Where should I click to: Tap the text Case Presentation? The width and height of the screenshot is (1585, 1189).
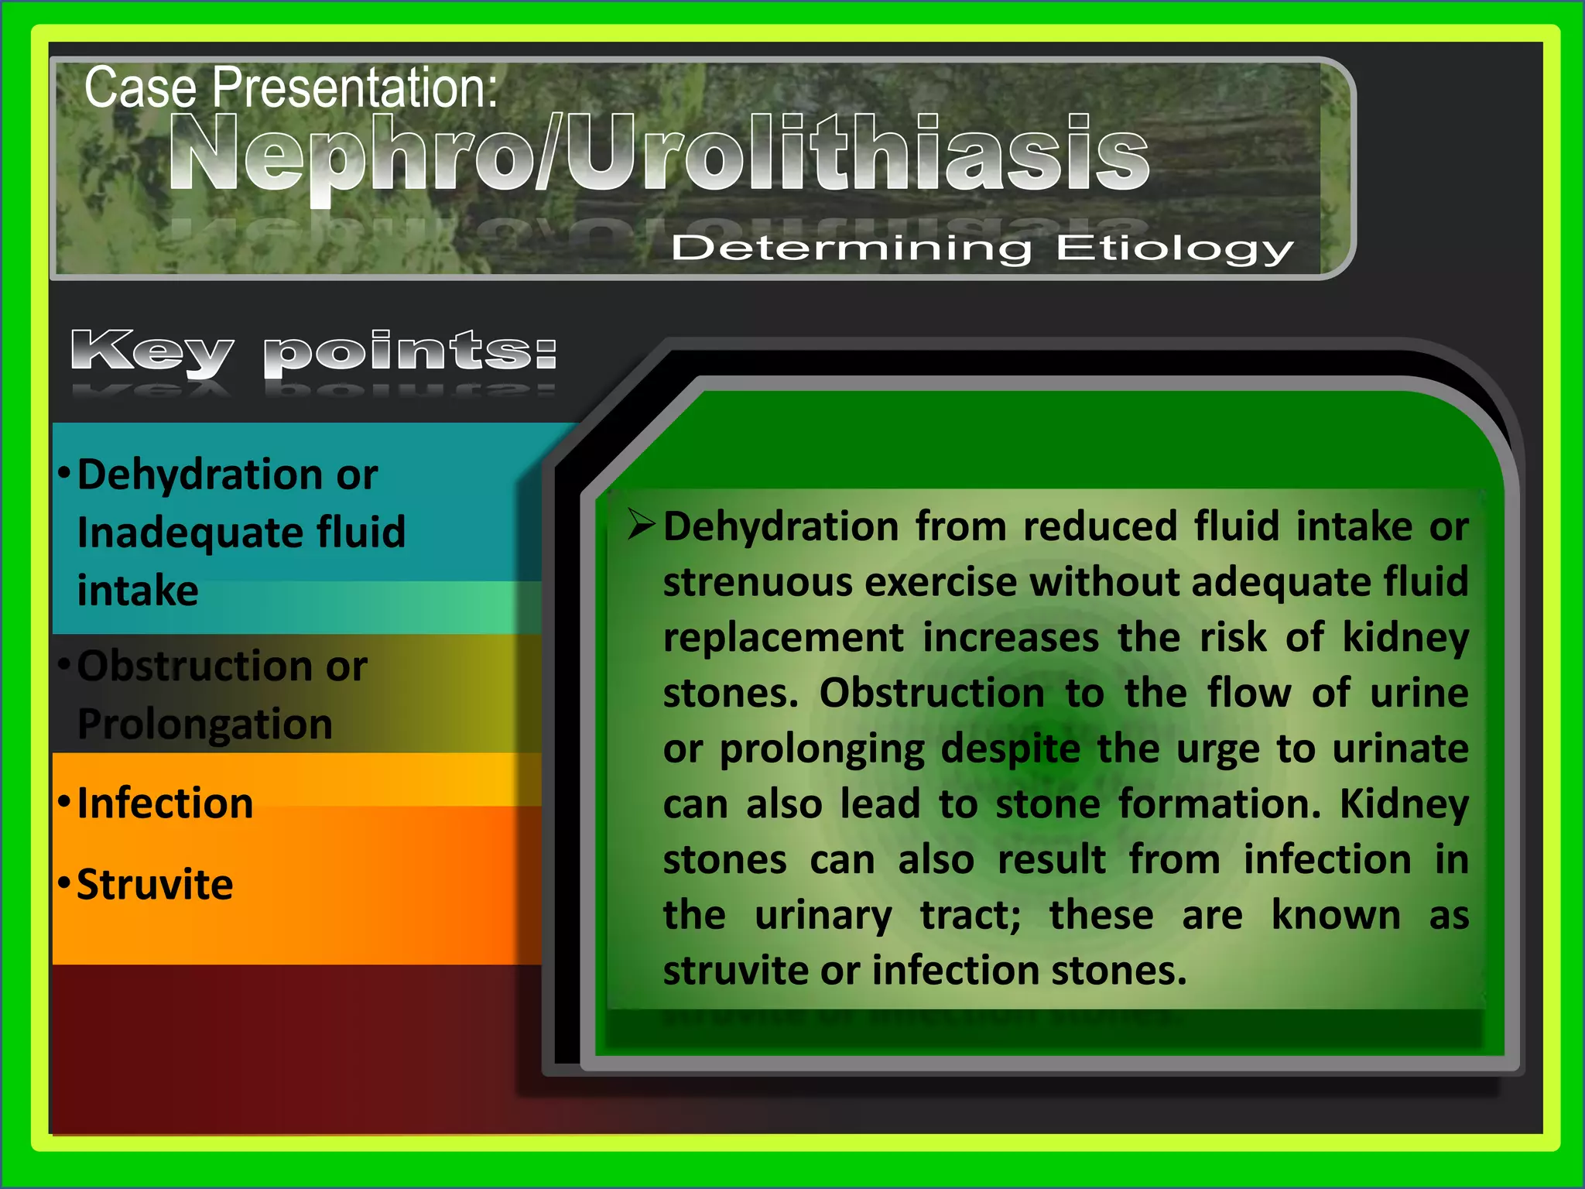tap(290, 87)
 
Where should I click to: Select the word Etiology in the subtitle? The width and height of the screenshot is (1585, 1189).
tap(1174, 249)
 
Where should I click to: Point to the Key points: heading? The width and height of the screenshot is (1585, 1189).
tap(313, 353)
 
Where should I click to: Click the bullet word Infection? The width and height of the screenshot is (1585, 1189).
tap(165, 804)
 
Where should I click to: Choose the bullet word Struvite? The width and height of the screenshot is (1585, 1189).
tap(155, 885)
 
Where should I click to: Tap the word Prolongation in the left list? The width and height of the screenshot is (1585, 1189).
tap(205, 725)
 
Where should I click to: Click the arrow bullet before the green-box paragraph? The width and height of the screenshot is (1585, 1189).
tap(642, 525)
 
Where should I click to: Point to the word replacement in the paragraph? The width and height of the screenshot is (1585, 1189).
tap(783, 638)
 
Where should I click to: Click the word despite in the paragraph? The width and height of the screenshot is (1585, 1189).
tap(1011, 749)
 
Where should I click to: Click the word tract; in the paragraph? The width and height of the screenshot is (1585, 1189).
tap(971, 916)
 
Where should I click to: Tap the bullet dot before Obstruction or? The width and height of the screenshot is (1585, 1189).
tap(64, 665)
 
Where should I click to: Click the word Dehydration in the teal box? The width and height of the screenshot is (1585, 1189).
tap(200, 475)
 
